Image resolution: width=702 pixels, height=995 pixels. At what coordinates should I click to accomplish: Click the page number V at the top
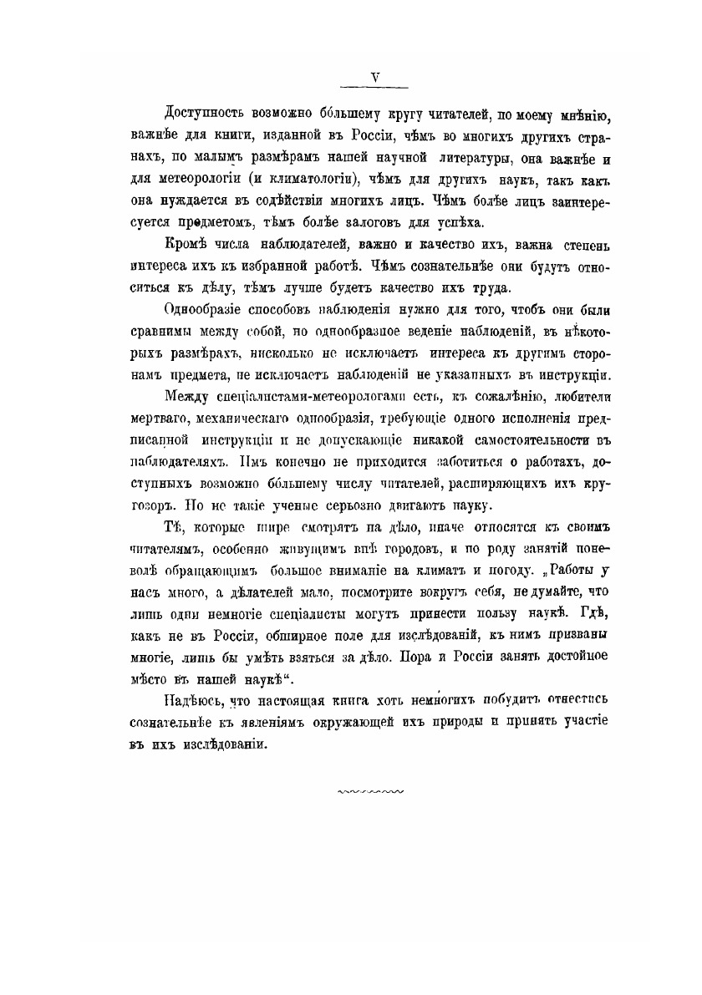point(376,77)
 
